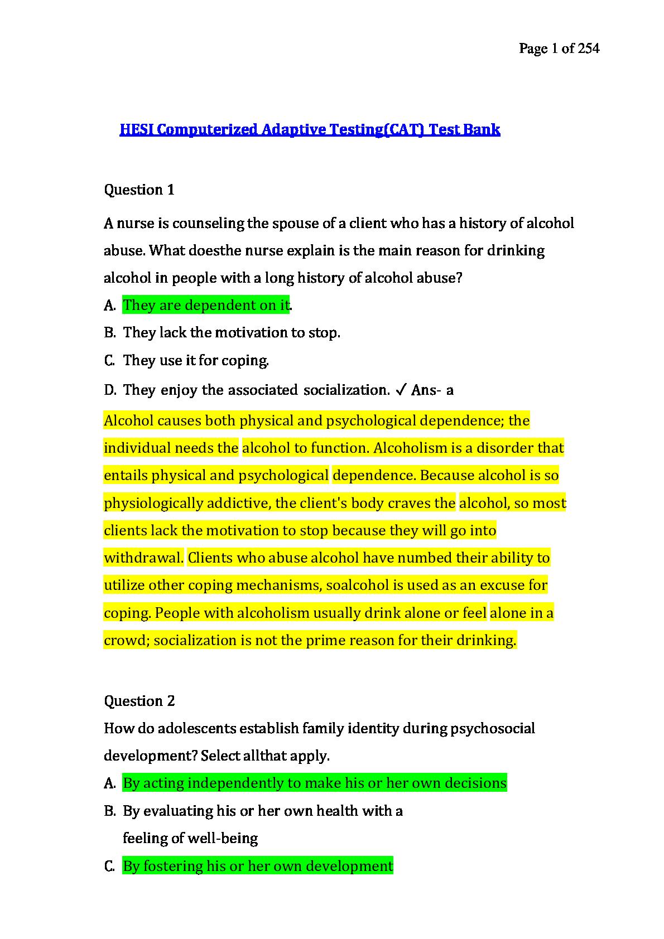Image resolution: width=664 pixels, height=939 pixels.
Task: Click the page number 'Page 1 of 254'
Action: [559, 49]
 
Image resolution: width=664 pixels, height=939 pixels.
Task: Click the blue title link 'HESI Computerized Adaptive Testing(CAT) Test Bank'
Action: [310, 130]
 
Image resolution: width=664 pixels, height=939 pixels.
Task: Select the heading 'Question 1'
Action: [139, 190]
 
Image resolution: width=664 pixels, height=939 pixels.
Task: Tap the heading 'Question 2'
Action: [139, 701]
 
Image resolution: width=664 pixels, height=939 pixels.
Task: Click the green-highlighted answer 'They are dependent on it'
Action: [206, 305]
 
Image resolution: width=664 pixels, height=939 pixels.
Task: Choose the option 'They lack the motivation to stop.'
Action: [232, 333]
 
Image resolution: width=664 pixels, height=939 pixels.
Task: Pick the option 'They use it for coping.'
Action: [196, 360]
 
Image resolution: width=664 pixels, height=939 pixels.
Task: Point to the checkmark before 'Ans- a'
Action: [400, 390]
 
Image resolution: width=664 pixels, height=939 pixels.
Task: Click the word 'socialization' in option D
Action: [347, 390]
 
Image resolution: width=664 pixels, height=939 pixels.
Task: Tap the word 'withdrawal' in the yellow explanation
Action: [143, 558]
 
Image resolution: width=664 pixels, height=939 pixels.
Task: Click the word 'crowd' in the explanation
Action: [126, 640]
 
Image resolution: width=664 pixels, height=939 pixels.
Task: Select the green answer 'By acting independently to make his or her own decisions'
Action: [315, 783]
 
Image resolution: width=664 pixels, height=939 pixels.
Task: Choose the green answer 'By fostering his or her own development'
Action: [258, 866]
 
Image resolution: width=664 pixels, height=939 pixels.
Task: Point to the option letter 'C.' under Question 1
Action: [109, 360]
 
